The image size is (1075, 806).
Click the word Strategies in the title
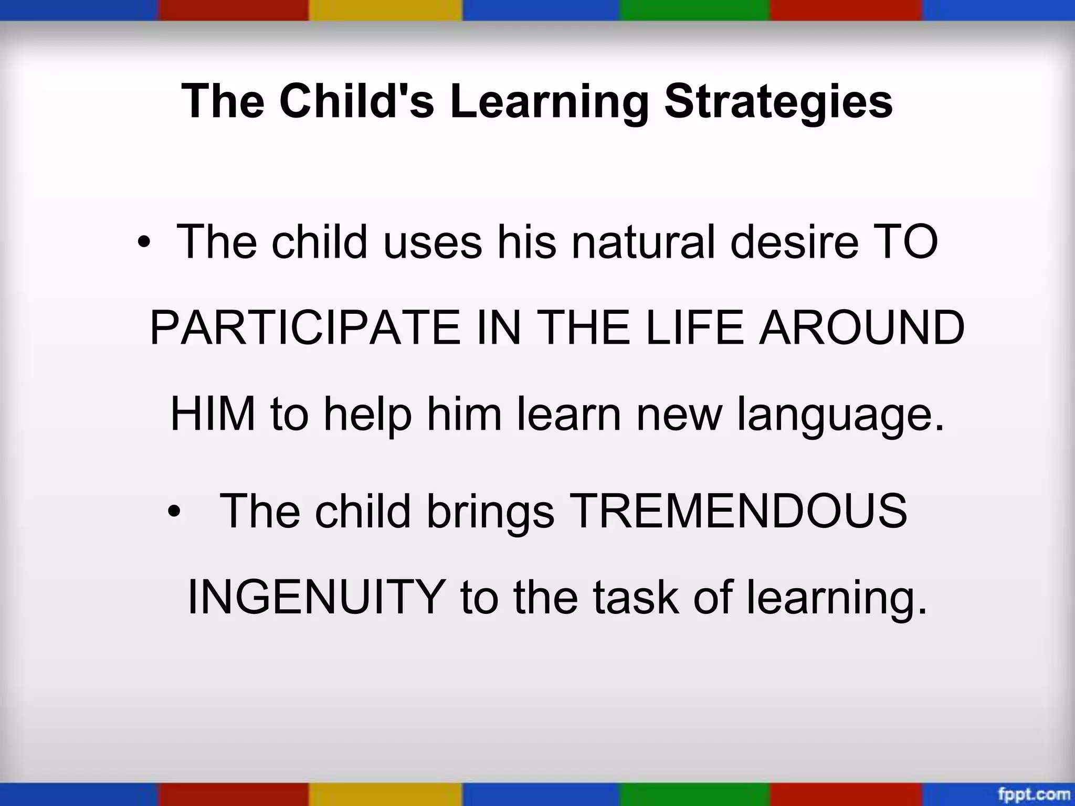(x=778, y=101)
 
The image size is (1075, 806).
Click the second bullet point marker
(x=173, y=512)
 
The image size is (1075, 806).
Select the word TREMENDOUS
(x=737, y=511)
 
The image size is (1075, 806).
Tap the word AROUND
(x=861, y=328)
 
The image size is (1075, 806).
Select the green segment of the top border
(x=694, y=9)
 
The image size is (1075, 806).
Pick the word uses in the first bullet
(x=432, y=243)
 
